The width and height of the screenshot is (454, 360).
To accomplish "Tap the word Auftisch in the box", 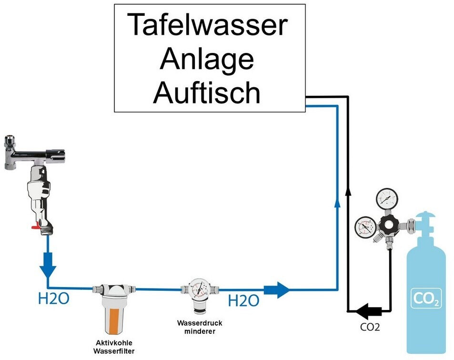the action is point(207,92).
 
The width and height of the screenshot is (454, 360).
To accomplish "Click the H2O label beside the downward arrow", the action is point(53,298).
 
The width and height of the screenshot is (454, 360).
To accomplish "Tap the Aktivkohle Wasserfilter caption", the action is point(114,347).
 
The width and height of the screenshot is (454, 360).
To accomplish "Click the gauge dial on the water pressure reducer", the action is point(200,288).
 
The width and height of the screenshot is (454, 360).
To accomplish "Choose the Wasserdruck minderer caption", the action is point(200,327).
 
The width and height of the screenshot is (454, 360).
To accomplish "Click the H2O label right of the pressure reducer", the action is point(243,300).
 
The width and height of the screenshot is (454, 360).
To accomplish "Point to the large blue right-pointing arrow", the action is point(276,289).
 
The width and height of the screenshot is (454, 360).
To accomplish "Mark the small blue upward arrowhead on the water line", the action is point(337,203).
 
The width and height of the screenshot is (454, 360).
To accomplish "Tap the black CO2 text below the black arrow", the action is point(370,327).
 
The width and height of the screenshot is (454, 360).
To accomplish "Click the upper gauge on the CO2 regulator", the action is point(387,199).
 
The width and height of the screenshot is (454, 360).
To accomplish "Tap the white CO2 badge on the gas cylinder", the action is point(426,298).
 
